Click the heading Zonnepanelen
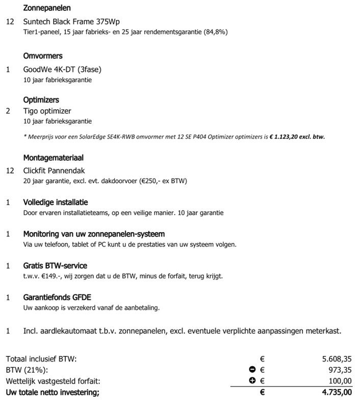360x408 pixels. (47, 9)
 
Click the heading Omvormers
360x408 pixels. (43, 56)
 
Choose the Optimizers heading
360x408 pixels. (41, 100)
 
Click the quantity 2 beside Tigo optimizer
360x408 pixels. (8, 111)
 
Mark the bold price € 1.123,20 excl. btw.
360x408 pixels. (297, 137)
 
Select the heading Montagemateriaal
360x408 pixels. (53, 159)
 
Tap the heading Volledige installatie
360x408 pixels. (56, 202)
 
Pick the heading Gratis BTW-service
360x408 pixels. (55, 266)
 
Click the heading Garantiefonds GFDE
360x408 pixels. (57, 297)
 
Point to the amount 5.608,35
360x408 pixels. (337, 359)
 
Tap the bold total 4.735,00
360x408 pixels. (336, 392)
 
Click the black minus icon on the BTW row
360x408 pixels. (252, 370)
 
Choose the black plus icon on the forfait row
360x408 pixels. (252, 381)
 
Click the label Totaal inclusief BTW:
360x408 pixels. (41, 359)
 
